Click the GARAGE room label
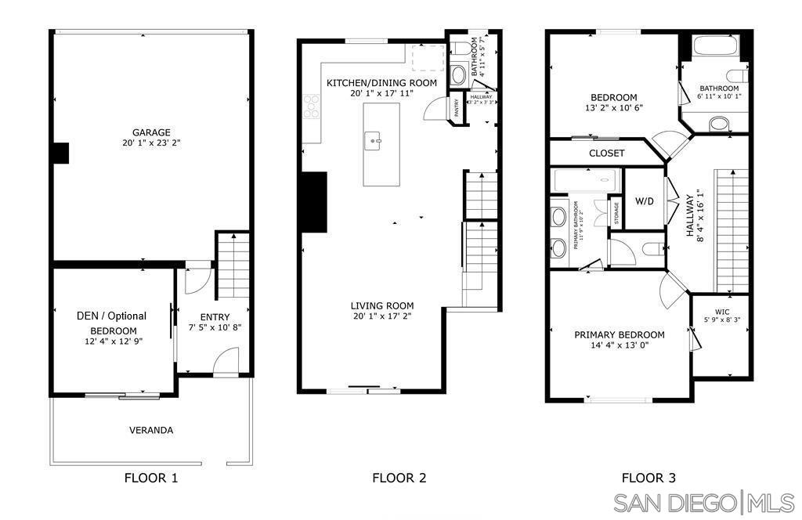coord(151,132)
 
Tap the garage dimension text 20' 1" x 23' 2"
coord(151,143)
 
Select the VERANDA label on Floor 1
coord(151,430)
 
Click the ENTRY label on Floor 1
coord(215,317)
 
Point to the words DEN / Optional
coord(111,316)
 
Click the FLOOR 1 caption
coord(151,478)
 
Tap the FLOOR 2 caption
coord(399,478)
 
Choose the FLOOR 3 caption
coord(648,478)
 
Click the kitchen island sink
coord(374,142)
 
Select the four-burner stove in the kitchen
coord(312,106)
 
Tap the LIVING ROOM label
coord(382,305)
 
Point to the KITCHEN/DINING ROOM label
coord(381,83)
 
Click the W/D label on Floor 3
coord(644,200)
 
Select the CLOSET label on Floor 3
coord(606,153)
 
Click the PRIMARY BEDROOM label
coord(619,334)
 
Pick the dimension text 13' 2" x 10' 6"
coord(613,108)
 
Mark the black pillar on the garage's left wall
coord(60,153)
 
